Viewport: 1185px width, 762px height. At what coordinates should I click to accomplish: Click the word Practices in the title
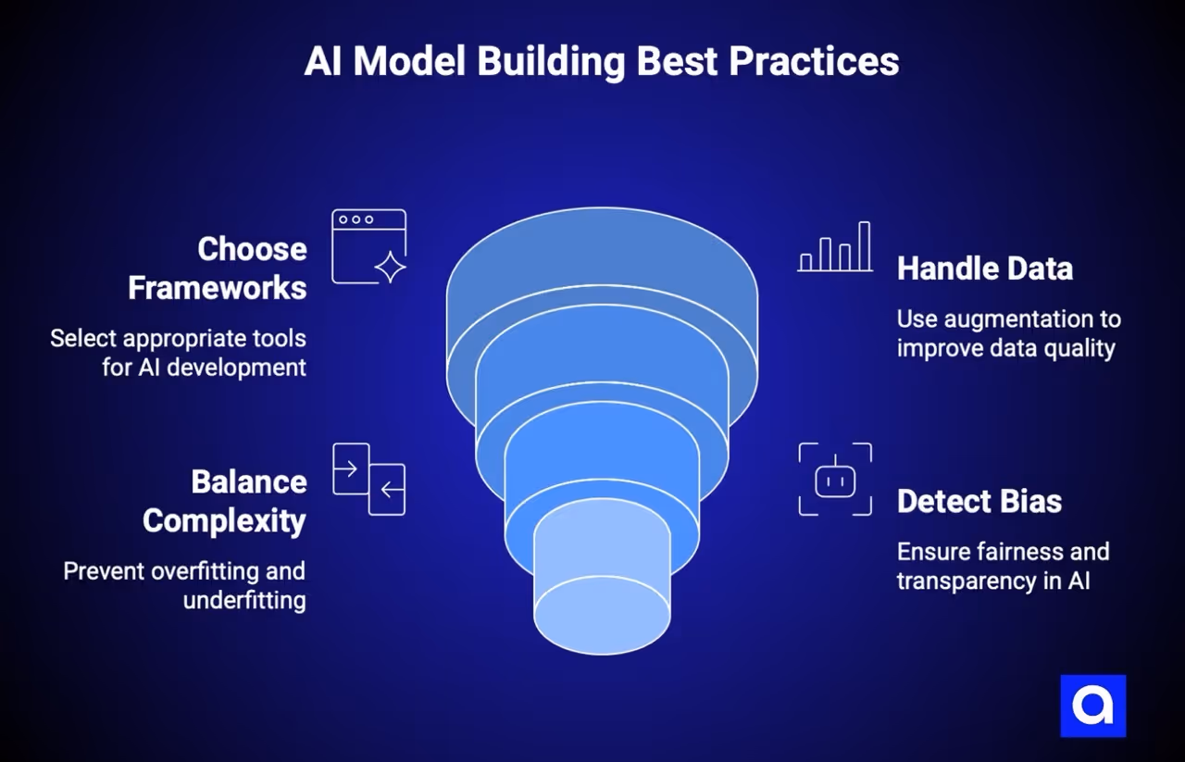pos(814,62)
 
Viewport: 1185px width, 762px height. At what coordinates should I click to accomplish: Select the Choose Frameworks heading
pos(218,268)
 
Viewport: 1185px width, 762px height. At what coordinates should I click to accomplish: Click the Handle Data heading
pos(985,269)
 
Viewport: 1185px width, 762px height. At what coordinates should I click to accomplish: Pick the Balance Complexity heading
pos(224,501)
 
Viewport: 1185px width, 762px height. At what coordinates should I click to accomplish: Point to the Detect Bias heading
pos(979,501)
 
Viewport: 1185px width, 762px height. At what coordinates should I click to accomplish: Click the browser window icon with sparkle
pos(368,246)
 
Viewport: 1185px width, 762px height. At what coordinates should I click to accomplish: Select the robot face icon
pos(835,480)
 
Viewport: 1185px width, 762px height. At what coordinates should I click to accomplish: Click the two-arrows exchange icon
pos(368,479)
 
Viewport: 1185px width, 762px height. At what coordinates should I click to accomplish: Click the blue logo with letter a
pos(1092,706)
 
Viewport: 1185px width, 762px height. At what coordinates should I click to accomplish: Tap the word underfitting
pos(244,600)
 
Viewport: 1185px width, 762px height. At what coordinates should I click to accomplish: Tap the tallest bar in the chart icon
pos(865,245)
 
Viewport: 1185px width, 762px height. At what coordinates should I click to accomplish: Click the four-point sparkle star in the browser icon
pos(390,267)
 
